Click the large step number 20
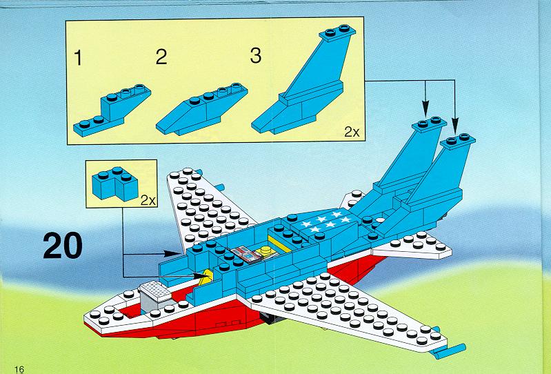tap(63, 246)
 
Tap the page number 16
tap(19, 368)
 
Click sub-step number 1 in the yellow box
tap(78, 58)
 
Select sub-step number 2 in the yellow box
tap(161, 57)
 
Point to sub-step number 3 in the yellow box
tap(256, 55)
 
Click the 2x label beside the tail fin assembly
tap(352, 132)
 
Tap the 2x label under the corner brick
tap(148, 200)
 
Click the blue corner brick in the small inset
tap(115, 184)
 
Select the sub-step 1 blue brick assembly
tap(112, 110)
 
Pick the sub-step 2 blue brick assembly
tap(201, 109)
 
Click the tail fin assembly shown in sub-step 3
tap(303, 80)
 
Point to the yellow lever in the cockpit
tap(206, 277)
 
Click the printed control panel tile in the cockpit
tap(246, 255)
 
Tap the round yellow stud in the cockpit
tap(266, 250)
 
